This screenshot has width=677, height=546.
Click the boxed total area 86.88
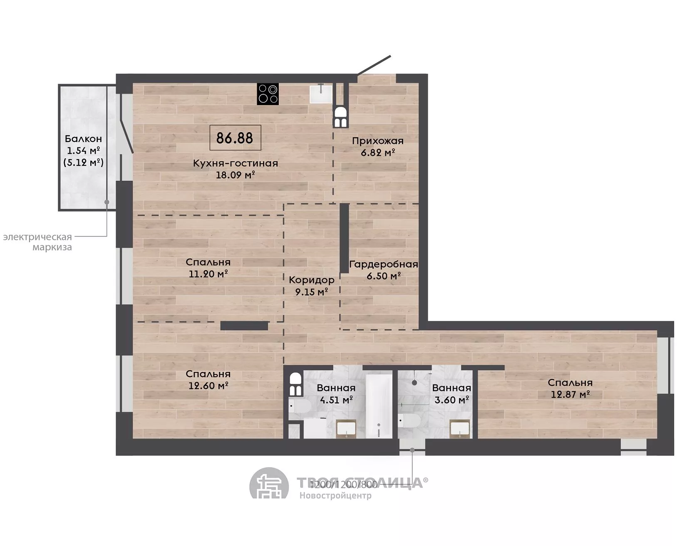235,138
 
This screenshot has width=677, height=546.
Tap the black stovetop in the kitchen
268,94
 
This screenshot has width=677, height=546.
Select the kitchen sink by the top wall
321,93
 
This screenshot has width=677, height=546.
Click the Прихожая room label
377,140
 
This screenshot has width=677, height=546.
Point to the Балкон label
83,139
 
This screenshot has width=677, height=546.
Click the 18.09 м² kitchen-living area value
235,175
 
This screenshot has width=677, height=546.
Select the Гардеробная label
383,264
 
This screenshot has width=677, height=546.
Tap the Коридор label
312,280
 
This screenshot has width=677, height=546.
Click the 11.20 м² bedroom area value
208,274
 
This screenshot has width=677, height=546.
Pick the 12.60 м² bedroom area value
208,385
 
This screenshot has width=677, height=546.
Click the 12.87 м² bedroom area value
570,394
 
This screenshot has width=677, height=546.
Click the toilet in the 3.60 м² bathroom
409,421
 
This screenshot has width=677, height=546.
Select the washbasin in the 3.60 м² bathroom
460,428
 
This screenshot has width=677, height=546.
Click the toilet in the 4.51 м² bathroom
300,406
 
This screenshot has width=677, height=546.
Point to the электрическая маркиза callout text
37,242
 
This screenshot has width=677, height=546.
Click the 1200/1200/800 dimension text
344,485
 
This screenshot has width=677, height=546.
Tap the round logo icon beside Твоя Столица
269,484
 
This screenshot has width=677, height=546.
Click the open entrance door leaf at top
374,66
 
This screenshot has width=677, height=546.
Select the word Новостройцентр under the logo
335,496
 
